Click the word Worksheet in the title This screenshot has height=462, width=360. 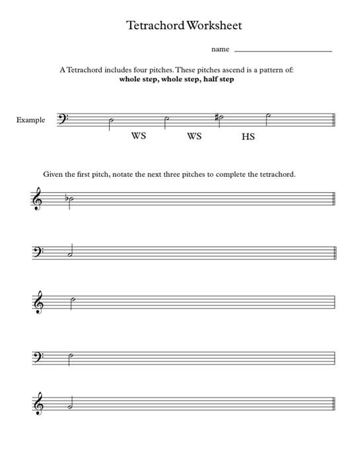click(x=214, y=26)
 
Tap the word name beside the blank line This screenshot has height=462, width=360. click(x=220, y=49)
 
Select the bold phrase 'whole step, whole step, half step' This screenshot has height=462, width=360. click(x=176, y=79)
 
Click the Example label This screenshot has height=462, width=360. click(x=31, y=120)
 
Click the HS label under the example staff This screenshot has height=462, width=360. click(x=248, y=137)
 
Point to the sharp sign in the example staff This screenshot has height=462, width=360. click(x=216, y=117)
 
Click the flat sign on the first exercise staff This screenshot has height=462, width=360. click(x=66, y=197)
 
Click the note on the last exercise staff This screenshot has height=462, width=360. click(x=71, y=407)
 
